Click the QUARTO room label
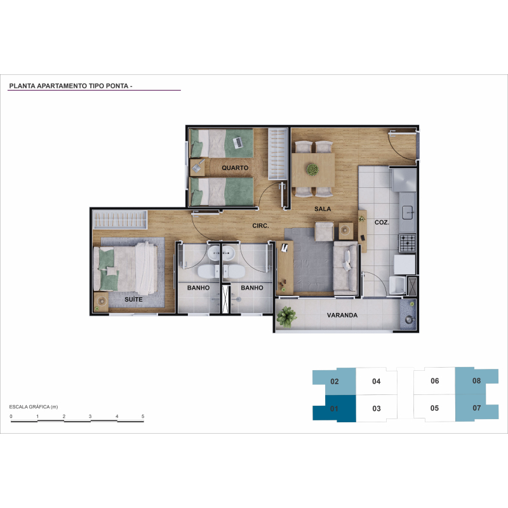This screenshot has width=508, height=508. [235, 168]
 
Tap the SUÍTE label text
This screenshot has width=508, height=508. [133, 299]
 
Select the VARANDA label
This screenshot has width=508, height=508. [342, 315]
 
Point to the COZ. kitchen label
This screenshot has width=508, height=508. [382, 223]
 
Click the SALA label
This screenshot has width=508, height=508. [323, 209]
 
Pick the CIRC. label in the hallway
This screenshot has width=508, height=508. [260, 226]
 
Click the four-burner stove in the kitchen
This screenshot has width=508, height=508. [407, 243]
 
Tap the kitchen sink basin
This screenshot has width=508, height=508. [407, 213]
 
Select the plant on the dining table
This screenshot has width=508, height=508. [312, 170]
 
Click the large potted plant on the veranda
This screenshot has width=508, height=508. [286, 316]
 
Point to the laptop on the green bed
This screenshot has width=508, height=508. [237, 142]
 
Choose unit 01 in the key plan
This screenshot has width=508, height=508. [335, 408]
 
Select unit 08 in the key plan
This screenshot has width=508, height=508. [477, 380]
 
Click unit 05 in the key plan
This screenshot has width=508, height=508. [434, 408]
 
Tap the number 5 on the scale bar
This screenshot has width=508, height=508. [142, 417]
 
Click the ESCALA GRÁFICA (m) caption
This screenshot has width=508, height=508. [34, 407]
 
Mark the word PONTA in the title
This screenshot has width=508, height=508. [117, 86]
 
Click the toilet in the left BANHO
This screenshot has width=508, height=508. [208, 272]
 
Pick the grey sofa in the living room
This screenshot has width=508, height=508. [345, 268]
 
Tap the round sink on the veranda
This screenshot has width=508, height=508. [409, 320]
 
